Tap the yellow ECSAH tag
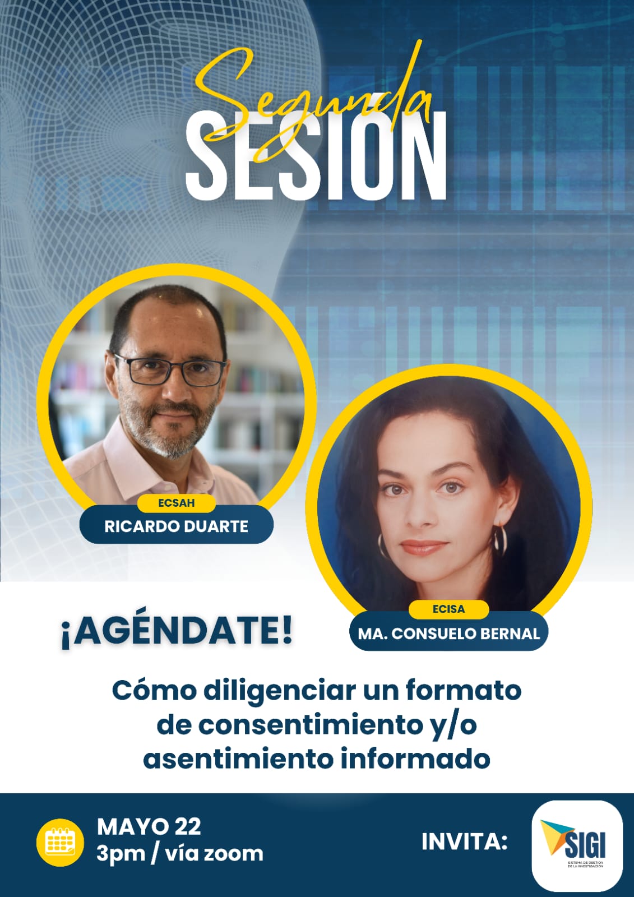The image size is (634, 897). tap(176, 503)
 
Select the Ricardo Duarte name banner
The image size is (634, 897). tap(176, 526)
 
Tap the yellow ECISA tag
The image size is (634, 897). tap(448, 609)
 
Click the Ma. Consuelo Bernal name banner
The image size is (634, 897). tap(449, 634)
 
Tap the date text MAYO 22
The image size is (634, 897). tap(149, 827)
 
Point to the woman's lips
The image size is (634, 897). tap(424, 546)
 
